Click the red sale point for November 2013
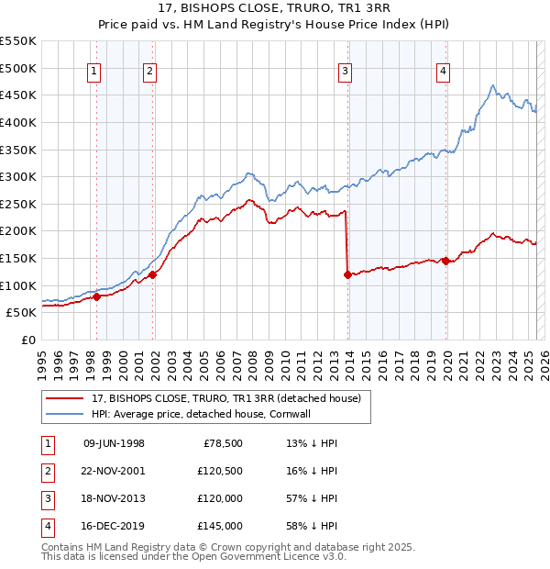click(x=347, y=274)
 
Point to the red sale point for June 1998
click(x=96, y=296)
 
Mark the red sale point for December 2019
click(x=445, y=261)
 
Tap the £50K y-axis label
click(x=21, y=313)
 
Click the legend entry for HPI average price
click(x=220, y=414)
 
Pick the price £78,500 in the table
click(x=223, y=443)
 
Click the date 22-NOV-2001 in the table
click(x=114, y=471)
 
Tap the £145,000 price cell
click(x=219, y=526)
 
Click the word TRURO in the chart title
click(x=290, y=10)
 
